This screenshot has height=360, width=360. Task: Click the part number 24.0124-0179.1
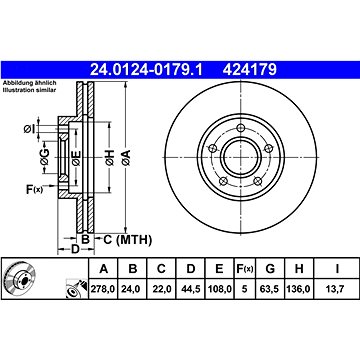146,70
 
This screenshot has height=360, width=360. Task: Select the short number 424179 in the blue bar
250,70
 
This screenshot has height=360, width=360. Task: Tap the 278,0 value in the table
103,289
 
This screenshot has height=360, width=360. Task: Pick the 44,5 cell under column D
190,289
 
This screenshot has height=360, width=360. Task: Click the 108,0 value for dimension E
219,289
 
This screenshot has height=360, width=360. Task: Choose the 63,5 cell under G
270,289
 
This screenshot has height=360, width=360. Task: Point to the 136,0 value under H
299,289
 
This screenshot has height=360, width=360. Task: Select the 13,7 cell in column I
337,289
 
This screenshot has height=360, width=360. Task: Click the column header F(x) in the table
244,268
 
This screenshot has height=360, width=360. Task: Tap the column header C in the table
161,268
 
